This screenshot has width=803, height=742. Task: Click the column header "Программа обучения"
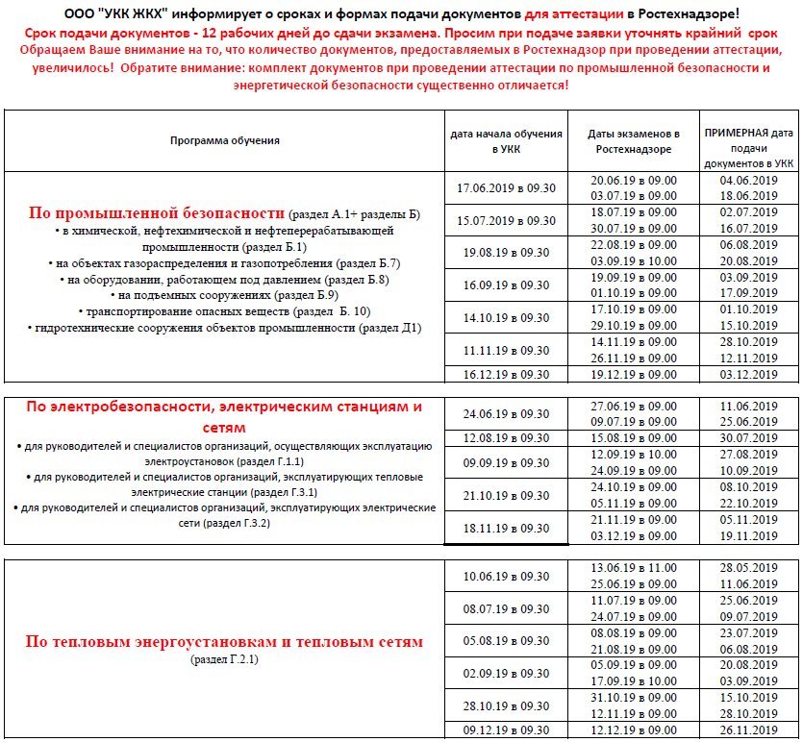[x=224, y=140]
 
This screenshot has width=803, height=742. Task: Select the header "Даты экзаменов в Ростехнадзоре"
[x=634, y=141]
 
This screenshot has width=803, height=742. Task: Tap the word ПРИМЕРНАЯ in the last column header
[x=748, y=132]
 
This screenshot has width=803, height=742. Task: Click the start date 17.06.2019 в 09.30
[x=506, y=187]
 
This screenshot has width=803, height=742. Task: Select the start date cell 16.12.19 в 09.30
[x=506, y=374]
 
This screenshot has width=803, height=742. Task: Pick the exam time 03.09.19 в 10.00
[x=634, y=260]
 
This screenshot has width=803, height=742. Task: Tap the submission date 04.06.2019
[x=748, y=180]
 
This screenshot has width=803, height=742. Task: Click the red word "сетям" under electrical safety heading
[x=224, y=426]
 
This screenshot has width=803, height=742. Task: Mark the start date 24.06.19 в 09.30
[x=506, y=414]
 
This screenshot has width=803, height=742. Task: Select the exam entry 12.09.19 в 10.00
[x=634, y=454]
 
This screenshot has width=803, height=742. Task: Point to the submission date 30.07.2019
[x=748, y=438]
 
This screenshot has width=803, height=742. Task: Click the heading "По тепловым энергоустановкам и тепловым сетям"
[x=224, y=641]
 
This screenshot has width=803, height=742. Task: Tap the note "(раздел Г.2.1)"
[x=224, y=659]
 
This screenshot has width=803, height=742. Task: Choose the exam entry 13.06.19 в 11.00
[x=634, y=568]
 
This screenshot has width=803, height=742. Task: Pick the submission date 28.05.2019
[x=748, y=568]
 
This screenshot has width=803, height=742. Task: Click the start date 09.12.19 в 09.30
[x=506, y=731]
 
